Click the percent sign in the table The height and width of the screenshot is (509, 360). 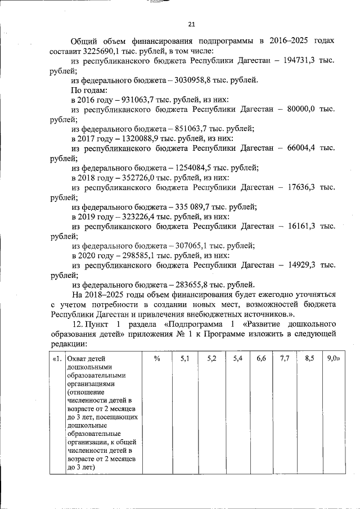[157, 358]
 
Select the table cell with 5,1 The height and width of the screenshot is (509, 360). [185, 358]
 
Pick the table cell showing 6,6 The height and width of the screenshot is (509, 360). [260, 358]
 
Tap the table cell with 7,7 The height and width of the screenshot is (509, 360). [283, 358]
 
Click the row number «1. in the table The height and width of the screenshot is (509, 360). [57, 358]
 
